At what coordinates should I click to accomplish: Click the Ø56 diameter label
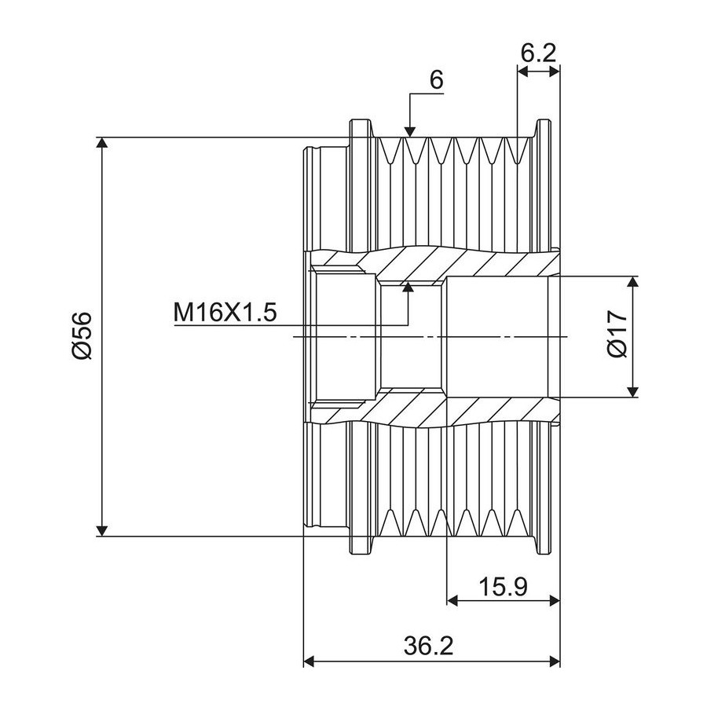(x=82, y=335)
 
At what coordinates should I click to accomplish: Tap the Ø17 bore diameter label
(x=617, y=334)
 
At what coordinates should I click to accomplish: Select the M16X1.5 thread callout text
(x=225, y=313)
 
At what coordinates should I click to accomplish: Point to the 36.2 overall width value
(x=428, y=647)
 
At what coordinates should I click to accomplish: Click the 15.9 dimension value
(x=502, y=588)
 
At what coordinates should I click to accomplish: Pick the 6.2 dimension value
(x=538, y=53)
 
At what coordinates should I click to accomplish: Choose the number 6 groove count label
(x=437, y=80)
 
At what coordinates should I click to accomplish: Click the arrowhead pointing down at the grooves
(x=409, y=130)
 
